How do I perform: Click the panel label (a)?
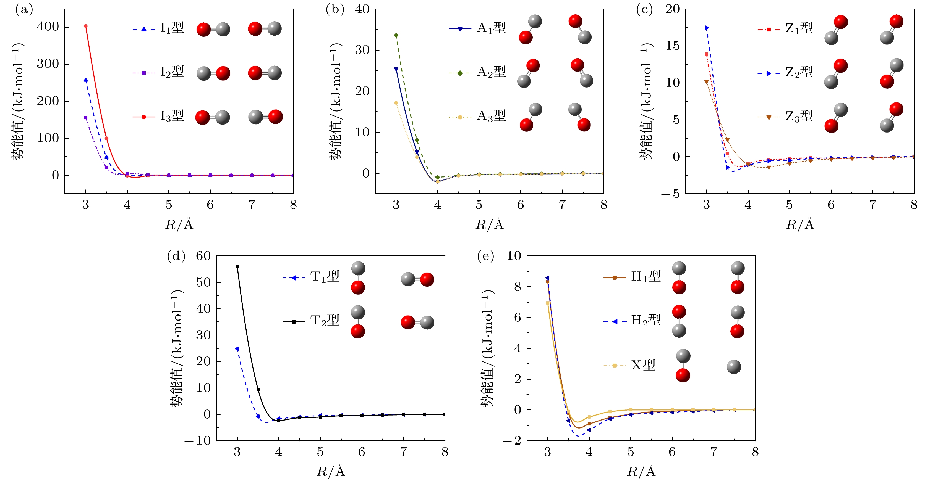(24, 10)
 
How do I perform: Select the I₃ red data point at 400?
(85, 26)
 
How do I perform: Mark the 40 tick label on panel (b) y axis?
(362, 9)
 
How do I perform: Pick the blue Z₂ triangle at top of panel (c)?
(707, 28)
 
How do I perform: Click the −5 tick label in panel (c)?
(671, 194)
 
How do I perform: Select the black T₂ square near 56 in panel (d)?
(237, 267)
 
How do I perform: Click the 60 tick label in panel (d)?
(203, 256)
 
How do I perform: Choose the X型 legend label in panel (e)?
(643, 365)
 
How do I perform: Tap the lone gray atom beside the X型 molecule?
(734, 367)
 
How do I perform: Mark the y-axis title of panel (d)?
(177, 348)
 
